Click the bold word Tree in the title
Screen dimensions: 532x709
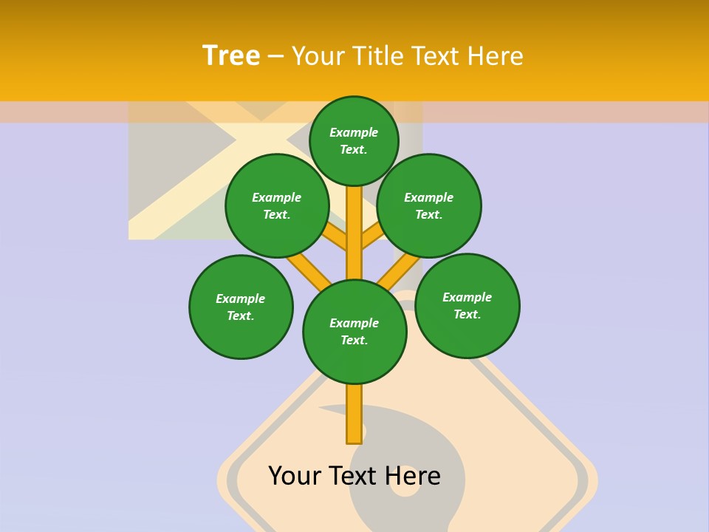(x=231, y=56)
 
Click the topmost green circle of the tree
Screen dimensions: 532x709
(x=354, y=140)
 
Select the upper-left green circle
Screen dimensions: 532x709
(x=277, y=205)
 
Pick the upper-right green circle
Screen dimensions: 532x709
(x=429, y=205)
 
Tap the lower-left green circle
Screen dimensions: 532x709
(x=241, y=307)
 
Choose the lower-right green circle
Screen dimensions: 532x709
(x=467, y=305)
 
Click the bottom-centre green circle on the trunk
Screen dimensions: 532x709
(x=354, y=332)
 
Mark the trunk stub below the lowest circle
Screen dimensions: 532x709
(x=354, y=414)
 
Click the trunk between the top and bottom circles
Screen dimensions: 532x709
(x=354, y=233)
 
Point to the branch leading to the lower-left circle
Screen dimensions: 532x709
(x=309, y=270)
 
